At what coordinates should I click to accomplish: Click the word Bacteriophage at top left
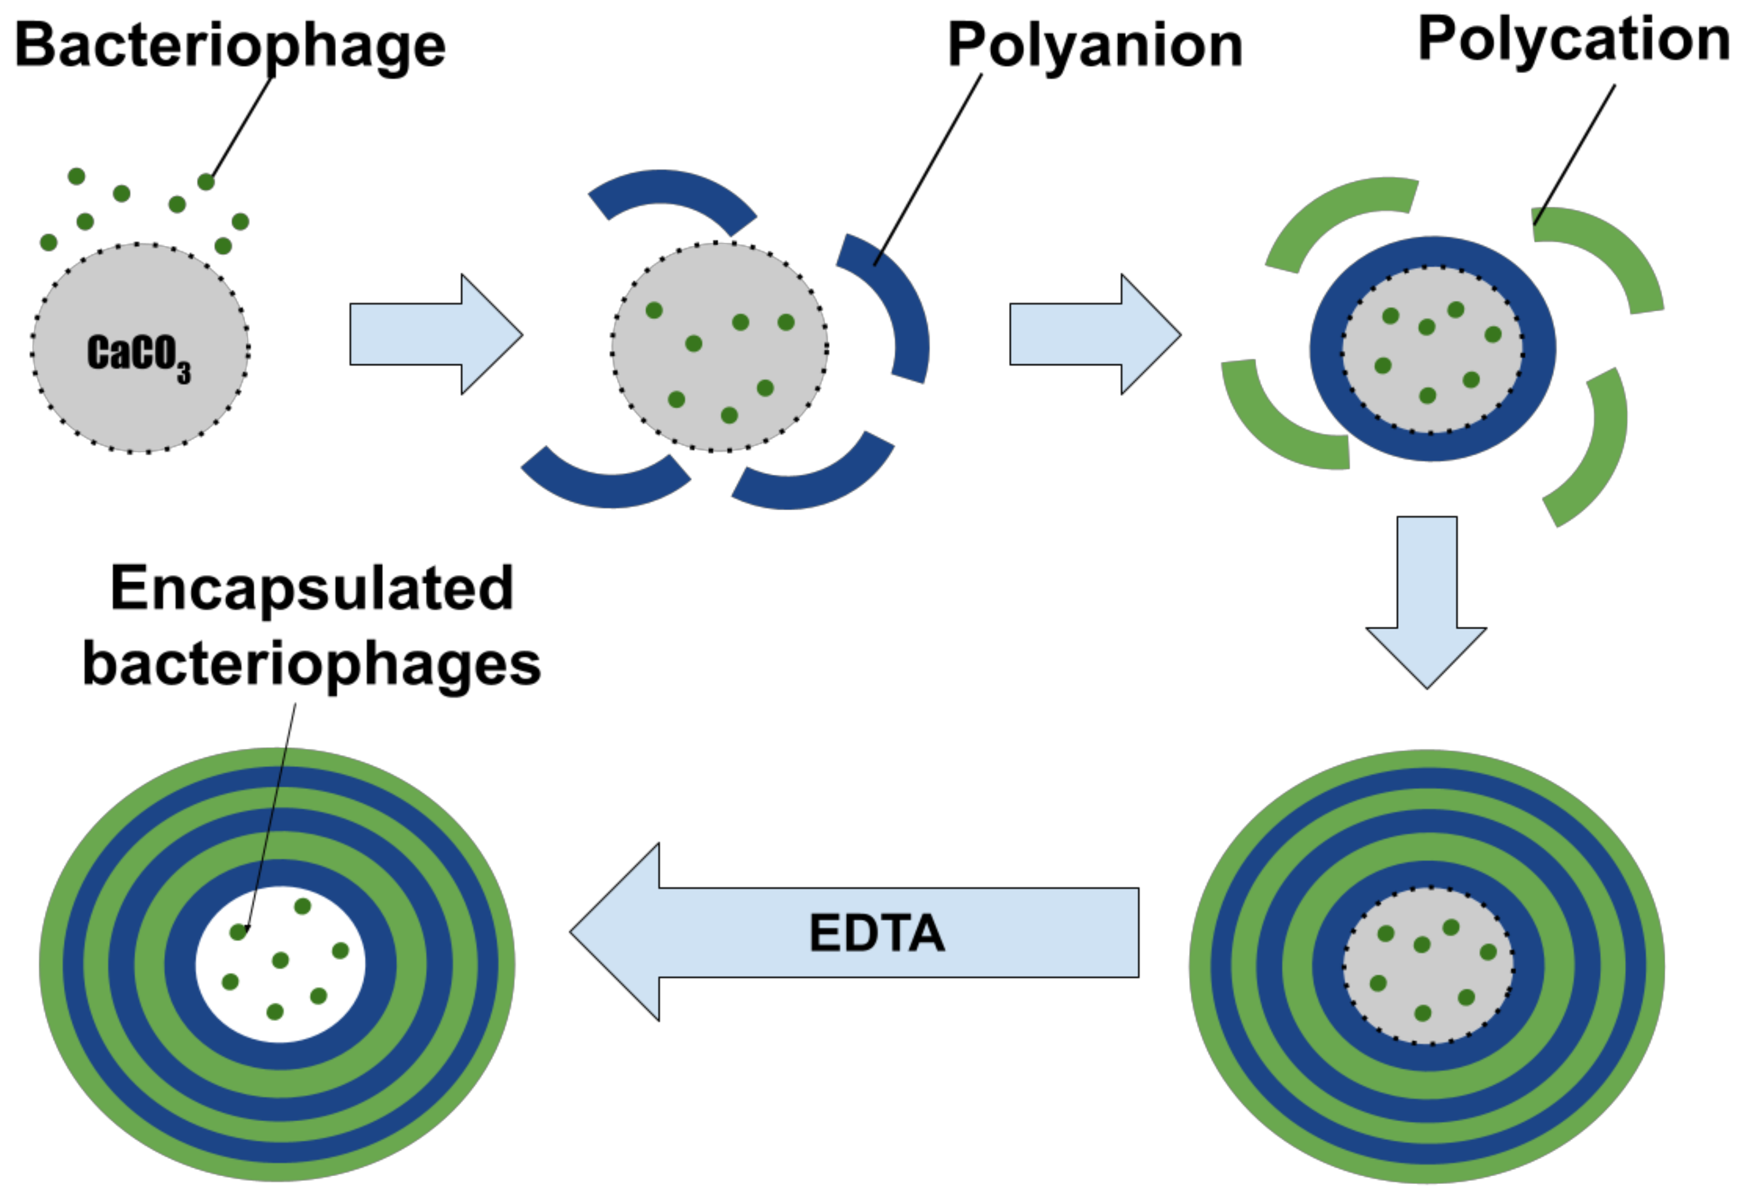[x=230, y=45]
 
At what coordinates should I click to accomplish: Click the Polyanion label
[x=1094, y=45]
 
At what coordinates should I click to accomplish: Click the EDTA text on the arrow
[x=876, y=933]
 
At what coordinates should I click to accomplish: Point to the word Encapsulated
[x=312, y=589]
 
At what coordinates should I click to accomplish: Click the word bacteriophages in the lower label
[x=312, y=665]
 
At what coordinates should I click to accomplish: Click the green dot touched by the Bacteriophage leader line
[x=206, y=182]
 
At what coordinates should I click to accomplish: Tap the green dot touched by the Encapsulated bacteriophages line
[x=238, y=932]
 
